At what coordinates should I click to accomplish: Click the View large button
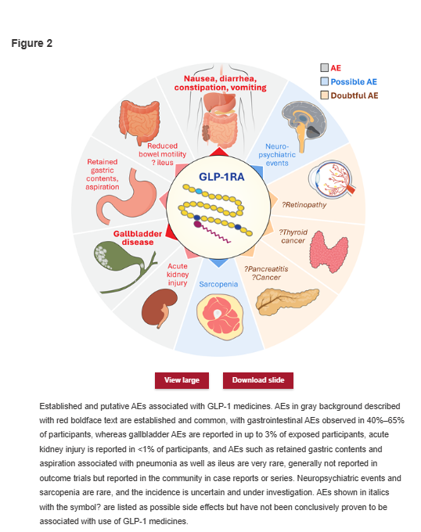pos(182,380)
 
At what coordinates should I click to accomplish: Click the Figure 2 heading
pos(32,44)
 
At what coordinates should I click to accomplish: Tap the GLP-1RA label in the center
pos(221,177)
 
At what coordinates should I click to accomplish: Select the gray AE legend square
pos(324,67)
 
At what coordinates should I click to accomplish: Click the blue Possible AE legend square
pos(324,81)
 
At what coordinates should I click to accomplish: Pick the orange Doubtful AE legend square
pos(324,95)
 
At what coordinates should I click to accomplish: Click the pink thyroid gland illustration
pos(329,252)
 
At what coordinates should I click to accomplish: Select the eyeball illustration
pos(332,179)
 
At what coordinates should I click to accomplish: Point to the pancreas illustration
pos(287,300)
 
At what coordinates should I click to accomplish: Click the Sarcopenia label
pos(218,284)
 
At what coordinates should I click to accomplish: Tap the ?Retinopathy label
pos(304,205)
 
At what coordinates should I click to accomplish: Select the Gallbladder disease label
pos(138,238)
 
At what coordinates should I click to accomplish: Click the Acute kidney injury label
pos(178,275)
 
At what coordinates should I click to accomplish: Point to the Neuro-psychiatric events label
pos(277,155)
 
